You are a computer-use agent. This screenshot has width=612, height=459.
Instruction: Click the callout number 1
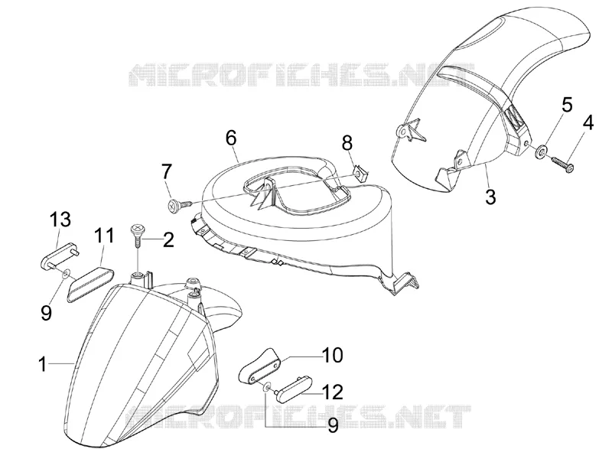(x=43, y=366)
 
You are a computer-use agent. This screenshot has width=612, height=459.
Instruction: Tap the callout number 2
(x=168, y=240)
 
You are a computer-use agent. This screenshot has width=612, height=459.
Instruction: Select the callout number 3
(x=490, y=197)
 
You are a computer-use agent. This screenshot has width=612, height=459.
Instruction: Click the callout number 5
(x=567, y=105)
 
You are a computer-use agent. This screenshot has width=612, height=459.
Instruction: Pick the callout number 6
(x=231, y=138)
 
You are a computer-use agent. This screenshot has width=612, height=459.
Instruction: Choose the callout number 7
(x=166, y=172)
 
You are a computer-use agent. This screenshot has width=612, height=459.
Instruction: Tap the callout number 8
(x=347, y=143)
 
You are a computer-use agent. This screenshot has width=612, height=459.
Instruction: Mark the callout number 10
(x=332, y=355)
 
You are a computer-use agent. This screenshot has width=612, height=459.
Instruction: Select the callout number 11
(x=104, y=236)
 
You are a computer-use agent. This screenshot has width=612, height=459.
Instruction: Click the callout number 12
(x=332, y=392)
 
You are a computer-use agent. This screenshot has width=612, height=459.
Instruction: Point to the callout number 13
(x=60, y=220)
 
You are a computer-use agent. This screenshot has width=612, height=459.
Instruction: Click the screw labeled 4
(x=562, y=164)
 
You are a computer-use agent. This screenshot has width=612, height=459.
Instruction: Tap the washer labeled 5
(x=542, y=151)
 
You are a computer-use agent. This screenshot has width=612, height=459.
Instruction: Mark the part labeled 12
(x=293, y=386)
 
